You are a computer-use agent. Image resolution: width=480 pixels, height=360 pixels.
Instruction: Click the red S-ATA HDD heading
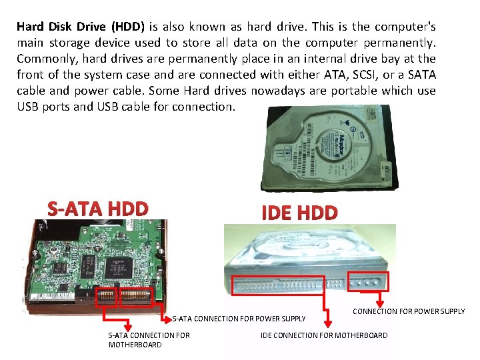[98, 209]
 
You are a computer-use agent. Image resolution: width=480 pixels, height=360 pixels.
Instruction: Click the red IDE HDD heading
[299, 213]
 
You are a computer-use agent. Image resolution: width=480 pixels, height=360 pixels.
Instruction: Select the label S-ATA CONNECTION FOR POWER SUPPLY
[239, 319]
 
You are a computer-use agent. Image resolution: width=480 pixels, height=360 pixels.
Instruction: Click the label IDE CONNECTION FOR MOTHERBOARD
[323, 335]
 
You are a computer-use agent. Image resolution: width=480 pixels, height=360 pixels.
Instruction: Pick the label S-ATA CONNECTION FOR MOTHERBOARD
[149, 339]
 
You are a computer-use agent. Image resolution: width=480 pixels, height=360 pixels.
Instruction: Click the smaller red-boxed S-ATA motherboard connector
[107, 296]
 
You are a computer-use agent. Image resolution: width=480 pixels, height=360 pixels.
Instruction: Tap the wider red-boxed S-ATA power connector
[135, 296]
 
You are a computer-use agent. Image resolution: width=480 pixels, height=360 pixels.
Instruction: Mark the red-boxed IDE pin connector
[278, 285]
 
